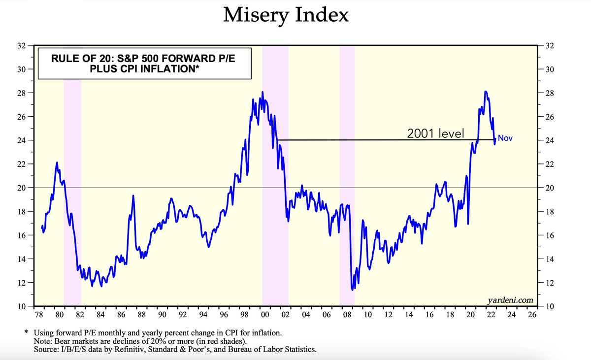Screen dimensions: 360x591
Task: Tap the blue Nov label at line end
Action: (x=505, y=139)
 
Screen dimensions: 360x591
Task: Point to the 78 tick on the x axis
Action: (x=38, y=314)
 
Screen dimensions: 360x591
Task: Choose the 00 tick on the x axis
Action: (x=264, y=314)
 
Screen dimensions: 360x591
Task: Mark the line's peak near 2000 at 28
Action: (x=263, y=92)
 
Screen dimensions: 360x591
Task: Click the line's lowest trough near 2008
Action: (x=352, y=290)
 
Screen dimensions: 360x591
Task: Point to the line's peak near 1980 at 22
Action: (x=57, y=163)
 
